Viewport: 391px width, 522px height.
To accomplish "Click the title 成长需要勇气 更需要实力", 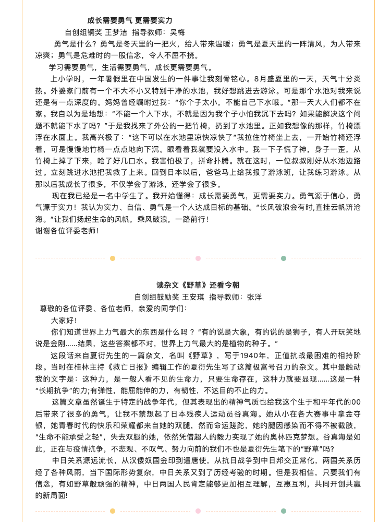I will coord(130,21).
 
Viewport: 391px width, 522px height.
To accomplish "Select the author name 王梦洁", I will coord(116,32).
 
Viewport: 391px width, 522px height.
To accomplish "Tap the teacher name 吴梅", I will coord(178,32).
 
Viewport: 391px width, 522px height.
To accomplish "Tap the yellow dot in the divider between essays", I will coord(113,258).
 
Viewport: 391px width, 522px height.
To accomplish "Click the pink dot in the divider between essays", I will coord(198,258).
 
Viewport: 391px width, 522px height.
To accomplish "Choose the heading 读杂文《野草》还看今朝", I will coord(198,285).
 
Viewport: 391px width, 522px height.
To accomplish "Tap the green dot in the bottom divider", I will coord(283,511).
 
